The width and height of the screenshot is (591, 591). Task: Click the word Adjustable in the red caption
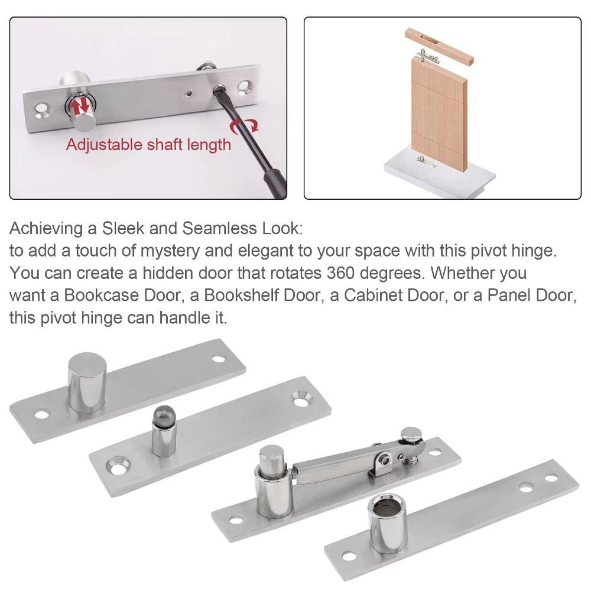click(101, 145)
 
